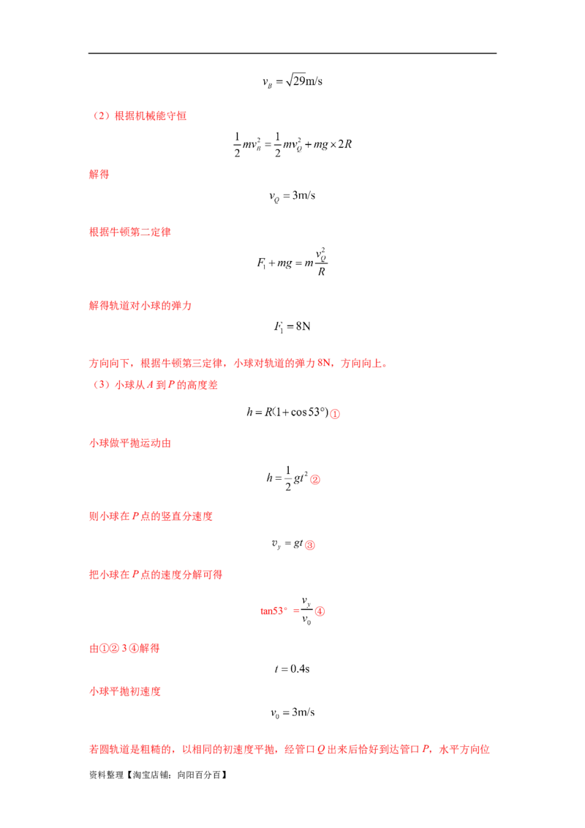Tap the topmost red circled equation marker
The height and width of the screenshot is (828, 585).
click(x=336, y=415)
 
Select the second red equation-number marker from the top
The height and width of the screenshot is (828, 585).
click(x=316, y=481)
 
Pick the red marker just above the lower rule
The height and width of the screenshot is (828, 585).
click(x=310, y=545)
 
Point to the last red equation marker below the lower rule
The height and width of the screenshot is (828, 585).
click(x=320, y=612)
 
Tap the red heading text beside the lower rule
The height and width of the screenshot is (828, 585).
click(x=154, y=576)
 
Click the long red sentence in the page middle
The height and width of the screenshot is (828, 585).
click(x=237, y=363)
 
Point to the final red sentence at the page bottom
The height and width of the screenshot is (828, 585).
click(x=289, y=750)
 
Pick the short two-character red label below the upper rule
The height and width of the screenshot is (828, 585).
click(x=99, y=175)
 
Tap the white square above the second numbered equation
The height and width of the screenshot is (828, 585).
click(x=283, y=465)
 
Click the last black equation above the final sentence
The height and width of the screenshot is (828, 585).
click(x=293, y=712)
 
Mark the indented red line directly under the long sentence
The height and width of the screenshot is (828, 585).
click(x=157, y=385)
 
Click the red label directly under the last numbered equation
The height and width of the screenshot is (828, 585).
click(x=125, y=649)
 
